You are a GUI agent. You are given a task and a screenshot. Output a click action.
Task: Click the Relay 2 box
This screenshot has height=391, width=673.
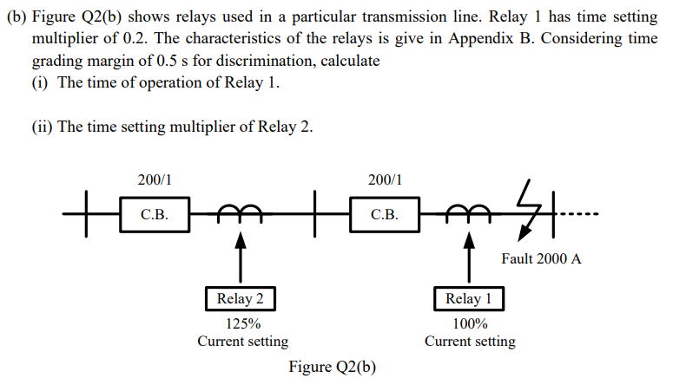pos(241,299)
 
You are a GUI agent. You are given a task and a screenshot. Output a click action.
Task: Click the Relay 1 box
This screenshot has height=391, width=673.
pos(469,299)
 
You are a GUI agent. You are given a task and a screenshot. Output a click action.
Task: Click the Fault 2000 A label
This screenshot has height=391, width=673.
pos(541,258)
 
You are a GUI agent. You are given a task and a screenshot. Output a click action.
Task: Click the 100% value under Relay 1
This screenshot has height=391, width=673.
pos(469,324)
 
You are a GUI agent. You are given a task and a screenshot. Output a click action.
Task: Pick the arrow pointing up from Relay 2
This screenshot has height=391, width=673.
pos(241,256)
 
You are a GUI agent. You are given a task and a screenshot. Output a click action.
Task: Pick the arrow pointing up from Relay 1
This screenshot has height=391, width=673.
pos(469,256)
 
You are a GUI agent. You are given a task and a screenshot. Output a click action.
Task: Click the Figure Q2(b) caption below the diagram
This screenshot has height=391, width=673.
pos(333,367)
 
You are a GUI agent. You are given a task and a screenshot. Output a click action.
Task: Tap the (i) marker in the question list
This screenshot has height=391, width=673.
pos(41,82)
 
